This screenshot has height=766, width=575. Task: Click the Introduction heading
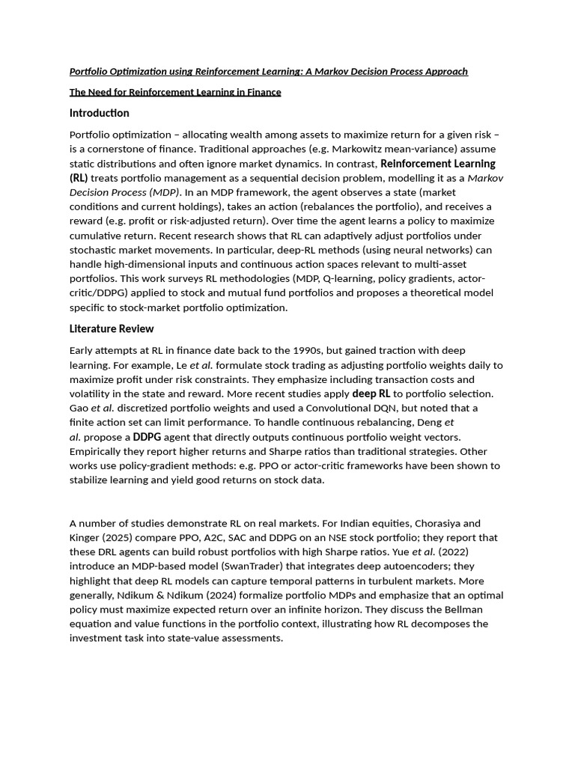click(x=99, y=113)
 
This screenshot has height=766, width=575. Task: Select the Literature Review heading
click(x=112, y=328)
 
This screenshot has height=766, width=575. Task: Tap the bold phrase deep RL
click(x=371, y=393)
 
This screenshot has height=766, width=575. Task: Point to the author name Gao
click(x=79, y=408)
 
